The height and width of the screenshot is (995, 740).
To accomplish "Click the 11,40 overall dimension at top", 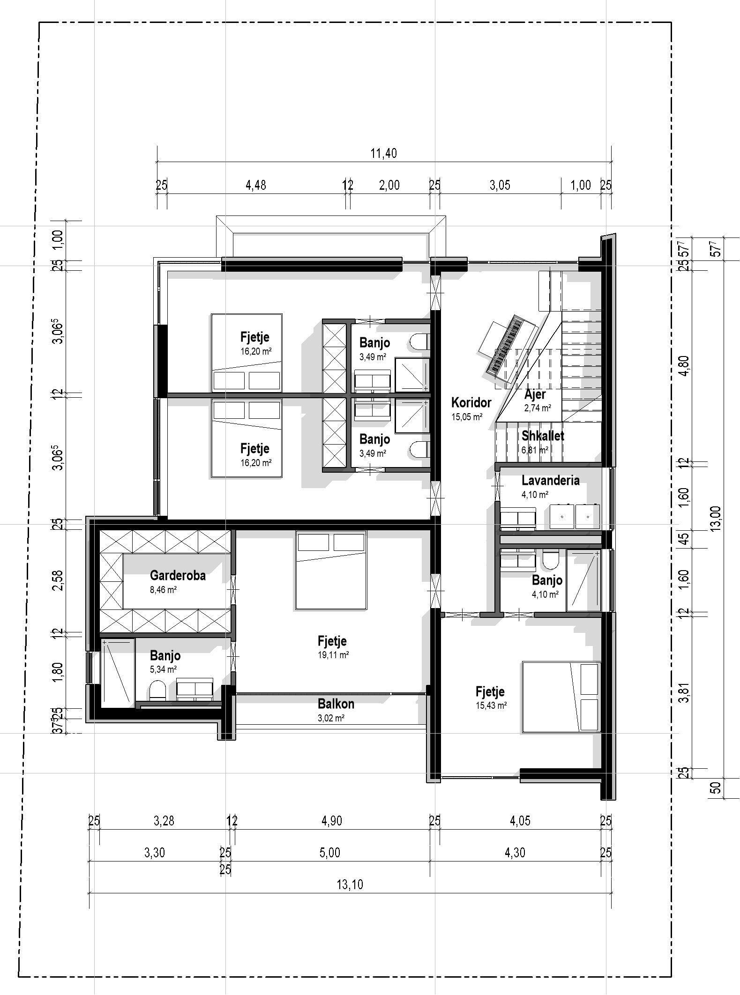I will [x=383, y=154].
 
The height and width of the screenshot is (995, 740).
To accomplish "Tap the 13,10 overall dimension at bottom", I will [x=350, y=885].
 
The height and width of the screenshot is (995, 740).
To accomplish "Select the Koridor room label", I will [x=471, y=402].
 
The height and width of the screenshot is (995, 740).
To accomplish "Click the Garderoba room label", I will [x=178, y=575].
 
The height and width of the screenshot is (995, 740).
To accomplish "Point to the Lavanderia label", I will [x=550, y=481].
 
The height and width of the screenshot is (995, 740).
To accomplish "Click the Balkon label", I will [x=336, y=704].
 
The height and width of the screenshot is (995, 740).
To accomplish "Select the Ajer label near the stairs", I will [x=535, y=394].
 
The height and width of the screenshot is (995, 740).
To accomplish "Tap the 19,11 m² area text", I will [x=333, y=655].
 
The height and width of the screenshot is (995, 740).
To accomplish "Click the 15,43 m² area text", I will [x=491, y=705].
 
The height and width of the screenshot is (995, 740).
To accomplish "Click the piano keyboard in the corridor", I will [x=505, y=344].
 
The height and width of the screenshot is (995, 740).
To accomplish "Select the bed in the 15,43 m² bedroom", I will [x=561, y=697].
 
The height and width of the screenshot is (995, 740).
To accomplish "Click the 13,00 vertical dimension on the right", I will [x=715, y=518].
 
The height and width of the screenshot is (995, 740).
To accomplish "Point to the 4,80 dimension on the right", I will [x=685, y=366].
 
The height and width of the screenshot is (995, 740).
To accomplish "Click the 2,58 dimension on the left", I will [x=59, y=580].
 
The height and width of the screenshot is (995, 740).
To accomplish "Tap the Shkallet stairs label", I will [x=543, y=436].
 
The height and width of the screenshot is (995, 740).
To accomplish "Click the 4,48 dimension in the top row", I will [x=256, y=185].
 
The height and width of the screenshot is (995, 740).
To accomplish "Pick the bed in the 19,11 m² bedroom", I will [x=330, y=570].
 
